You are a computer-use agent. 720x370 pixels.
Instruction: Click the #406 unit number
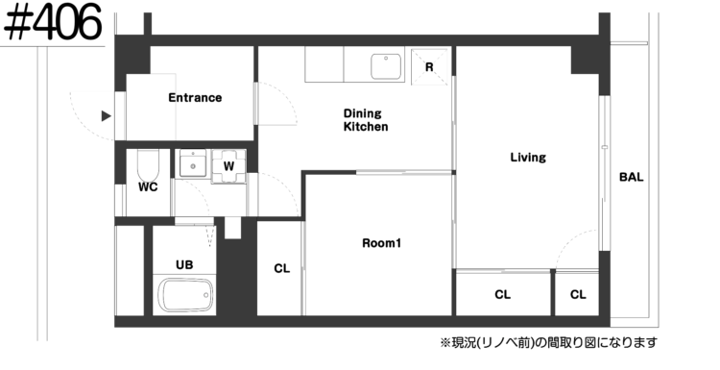click(53, 22)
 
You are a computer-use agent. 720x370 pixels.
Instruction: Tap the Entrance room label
click(195, 97)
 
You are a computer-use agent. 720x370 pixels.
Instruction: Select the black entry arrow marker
click(107, 116)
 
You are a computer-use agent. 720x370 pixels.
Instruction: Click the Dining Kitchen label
click(366, 120)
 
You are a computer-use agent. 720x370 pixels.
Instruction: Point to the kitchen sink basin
click(386, 66)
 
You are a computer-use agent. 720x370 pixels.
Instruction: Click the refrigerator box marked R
click(429, 67)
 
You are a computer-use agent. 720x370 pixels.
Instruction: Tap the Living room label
click(528, 158)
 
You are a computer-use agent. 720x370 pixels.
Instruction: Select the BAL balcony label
click(632, 177)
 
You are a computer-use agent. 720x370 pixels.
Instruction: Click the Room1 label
click(381, 243)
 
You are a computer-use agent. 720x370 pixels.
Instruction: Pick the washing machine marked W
click(228, 166)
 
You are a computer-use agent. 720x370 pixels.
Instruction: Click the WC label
click(148, 187)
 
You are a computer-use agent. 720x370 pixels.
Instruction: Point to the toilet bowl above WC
click(148, 165)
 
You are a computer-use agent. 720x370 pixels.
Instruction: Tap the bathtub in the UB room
click(185, 295)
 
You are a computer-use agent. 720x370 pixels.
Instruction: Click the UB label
click(184, 264)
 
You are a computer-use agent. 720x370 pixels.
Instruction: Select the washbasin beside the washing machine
click(193, 163)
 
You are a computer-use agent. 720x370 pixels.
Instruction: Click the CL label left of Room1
click(282, 269)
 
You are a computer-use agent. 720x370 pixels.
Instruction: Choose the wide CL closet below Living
click(503, 294)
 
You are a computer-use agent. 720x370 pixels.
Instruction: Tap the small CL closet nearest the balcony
click(577, 294)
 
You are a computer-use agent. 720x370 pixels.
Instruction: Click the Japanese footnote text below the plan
click(549, 342)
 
